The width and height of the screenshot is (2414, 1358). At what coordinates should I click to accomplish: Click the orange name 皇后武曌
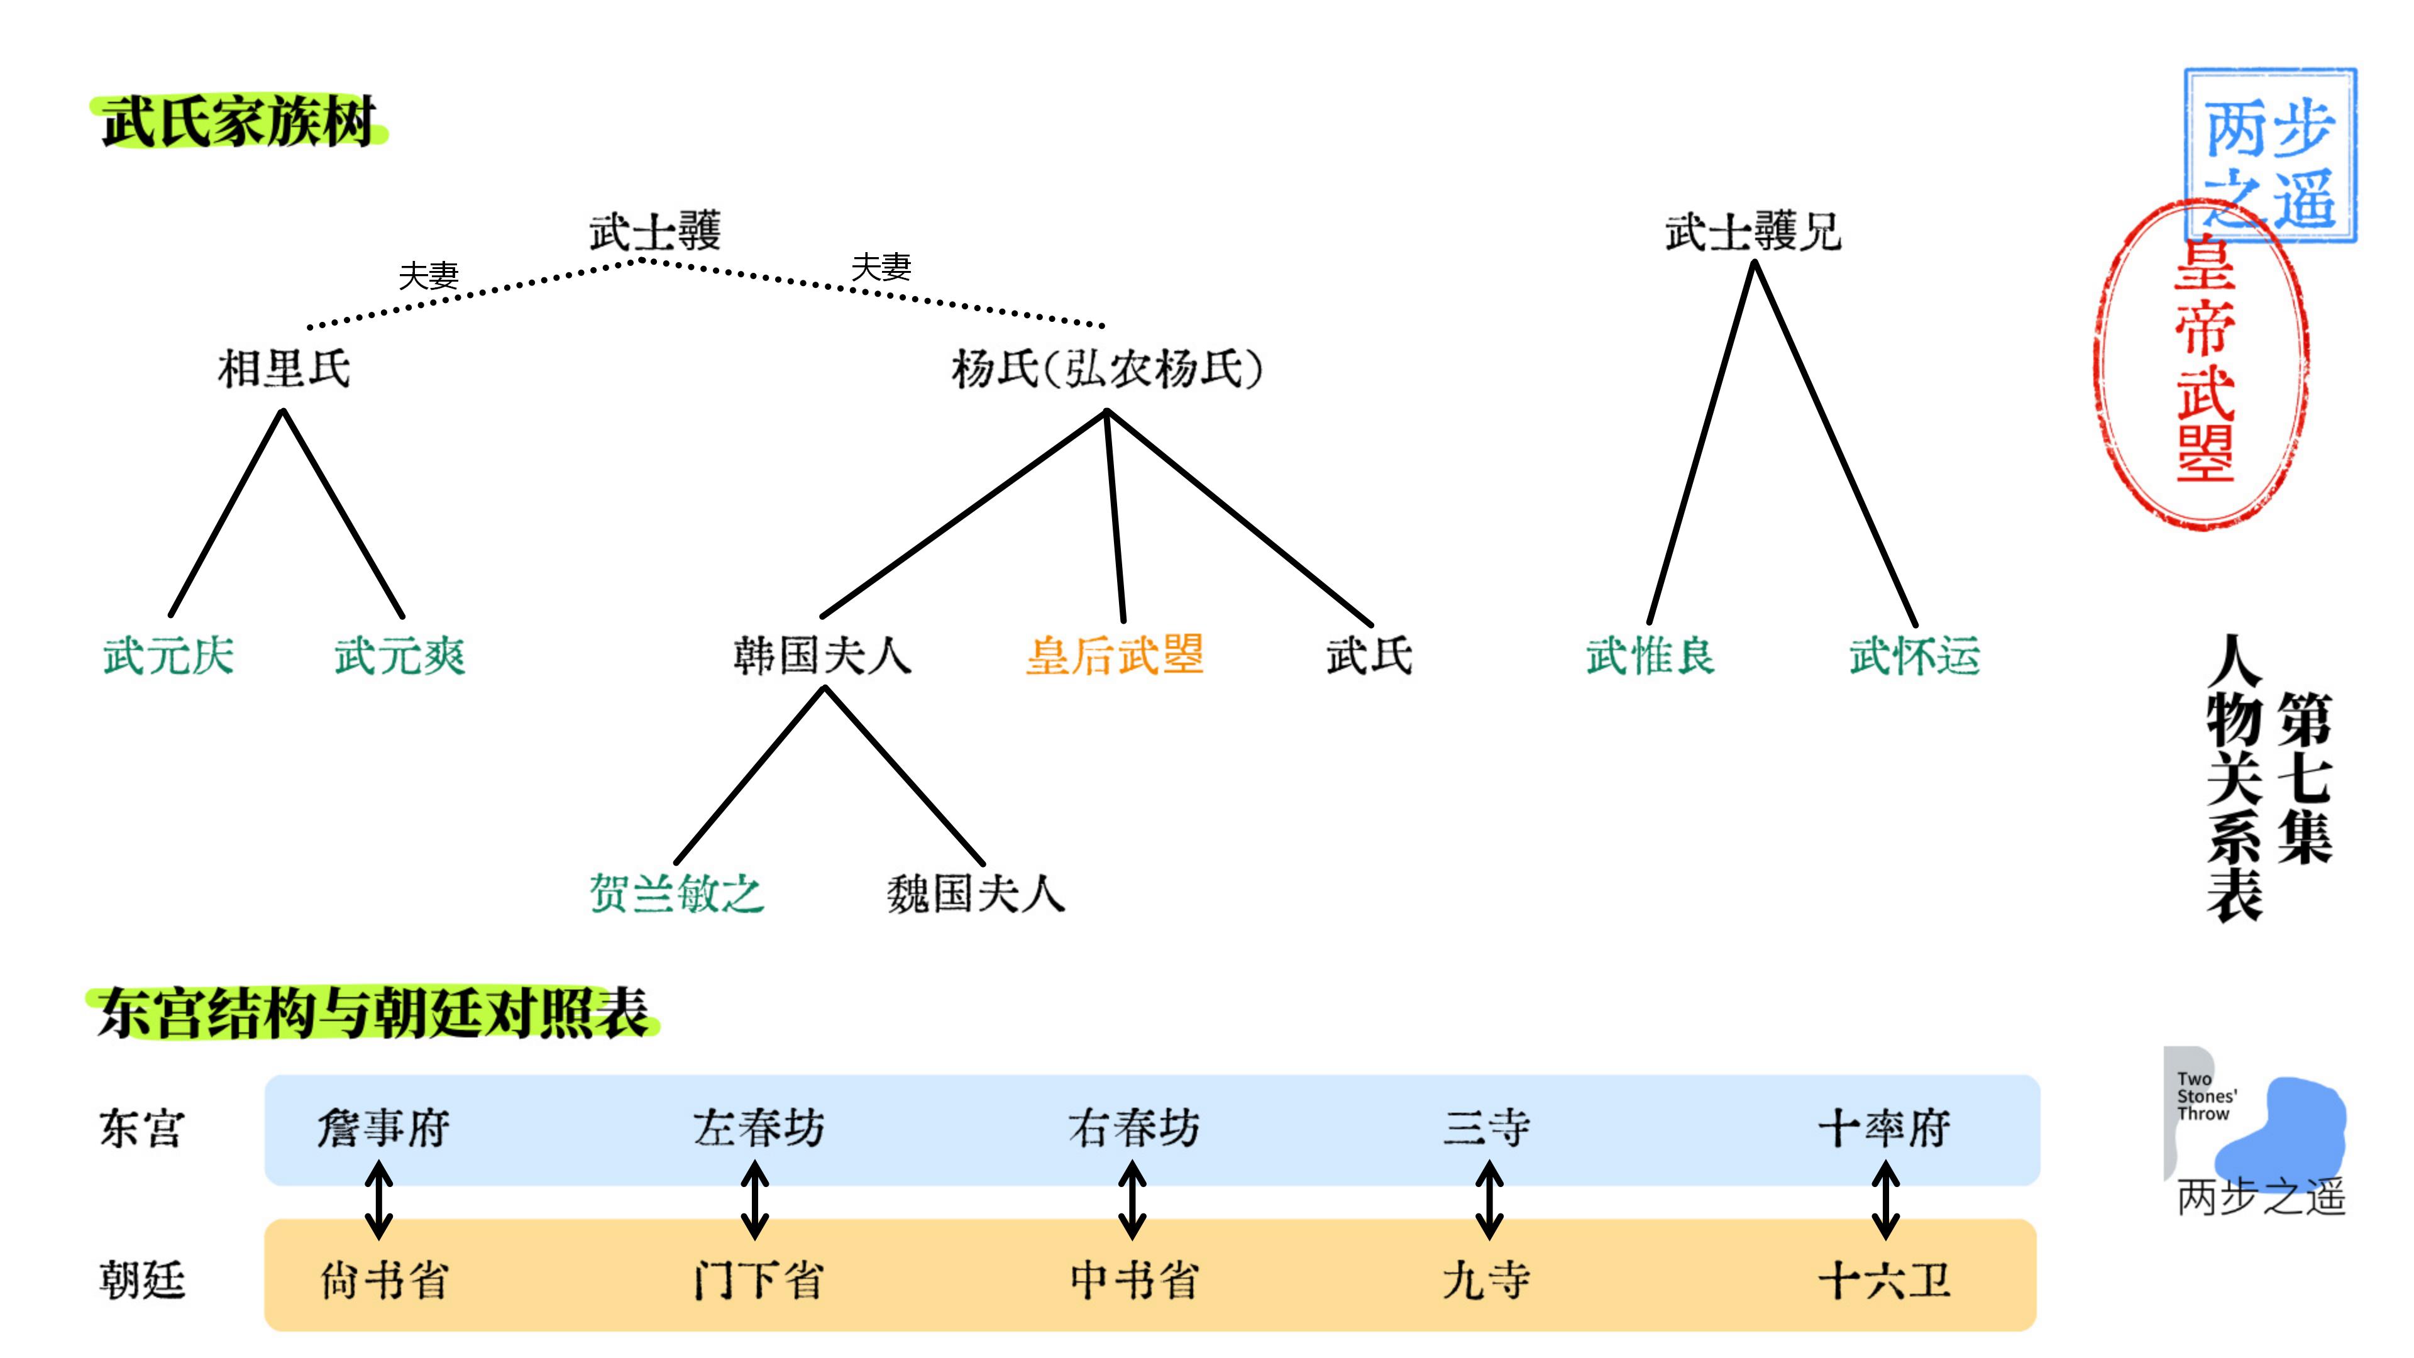pyautogui.click(x=1114, y=655)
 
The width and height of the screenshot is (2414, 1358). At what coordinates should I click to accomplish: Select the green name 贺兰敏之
pyautogui.click(x=676, y=893)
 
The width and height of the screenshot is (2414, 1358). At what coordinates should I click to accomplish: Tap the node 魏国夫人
pyautogui.click(x=976, y=893)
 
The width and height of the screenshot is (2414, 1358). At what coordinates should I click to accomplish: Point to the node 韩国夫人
pyautogui.click(x=822, y=655)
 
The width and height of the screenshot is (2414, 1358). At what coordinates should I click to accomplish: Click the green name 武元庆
pyautogui.click(x=168, y=655)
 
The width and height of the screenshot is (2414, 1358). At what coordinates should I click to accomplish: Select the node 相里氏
pyautogui.click(x=284, y=368)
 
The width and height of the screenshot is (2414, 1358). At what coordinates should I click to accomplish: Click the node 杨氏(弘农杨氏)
pyautogui.click(x=1106, y=368)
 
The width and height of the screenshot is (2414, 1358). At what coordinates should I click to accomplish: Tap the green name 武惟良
pyautogui.click(x=1650, y=655)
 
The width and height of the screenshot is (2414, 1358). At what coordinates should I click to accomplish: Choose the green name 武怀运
pyautogui.click(x=1914, y=655)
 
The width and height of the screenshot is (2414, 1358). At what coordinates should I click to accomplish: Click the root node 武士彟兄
pyautogui.click(x=1753, y=231)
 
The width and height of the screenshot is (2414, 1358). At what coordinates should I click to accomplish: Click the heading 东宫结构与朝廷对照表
pyautogui.click(x=373, y=1012)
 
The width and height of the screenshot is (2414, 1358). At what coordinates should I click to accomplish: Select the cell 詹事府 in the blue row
pyautogui.click(x=383, y=1127)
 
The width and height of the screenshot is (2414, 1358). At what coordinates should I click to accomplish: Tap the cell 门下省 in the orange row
pyautogui.click(x=758, y=1280)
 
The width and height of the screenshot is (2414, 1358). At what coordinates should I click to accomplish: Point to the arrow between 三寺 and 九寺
pyautogui.click(x=1489, y=1201)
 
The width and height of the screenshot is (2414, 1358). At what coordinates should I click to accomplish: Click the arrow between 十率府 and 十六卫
pyautogui.click(x=1885, y=1201)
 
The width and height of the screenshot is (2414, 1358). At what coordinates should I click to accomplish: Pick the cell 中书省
pyautogui.click(x=1134, y=1280)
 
